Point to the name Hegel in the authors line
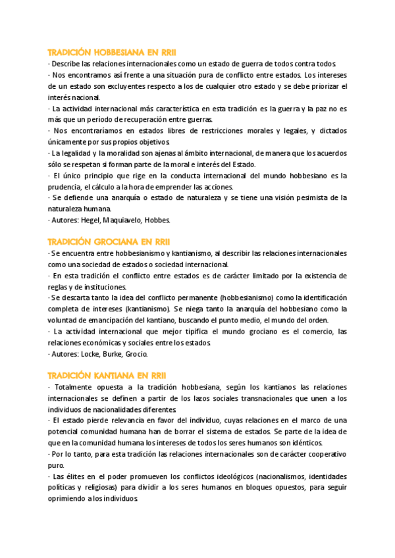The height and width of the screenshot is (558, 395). (91, 220)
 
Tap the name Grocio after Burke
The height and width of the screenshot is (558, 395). (138, 353)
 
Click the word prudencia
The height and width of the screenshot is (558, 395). (65, 186)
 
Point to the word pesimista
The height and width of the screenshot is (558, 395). (315, 197)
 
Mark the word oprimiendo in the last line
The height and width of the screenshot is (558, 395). (68, 499)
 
